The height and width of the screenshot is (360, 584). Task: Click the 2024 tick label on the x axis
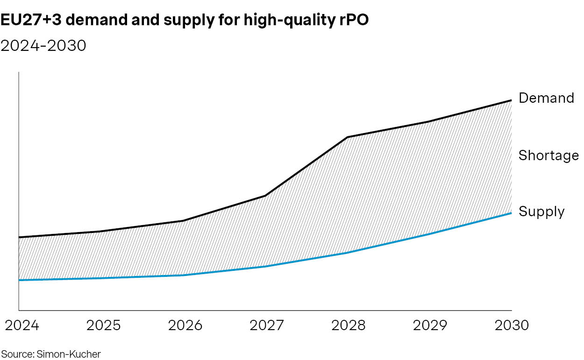click(22, 325)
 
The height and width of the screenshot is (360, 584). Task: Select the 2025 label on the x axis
click(103, 325)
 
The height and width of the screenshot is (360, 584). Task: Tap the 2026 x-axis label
click(185, 325)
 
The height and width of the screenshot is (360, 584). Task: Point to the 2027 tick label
click(267, 325)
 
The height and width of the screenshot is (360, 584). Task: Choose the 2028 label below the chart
click(349, 325)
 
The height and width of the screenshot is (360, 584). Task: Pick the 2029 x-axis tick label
click(430, 325)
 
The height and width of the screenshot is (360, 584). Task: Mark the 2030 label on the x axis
click(511, 325)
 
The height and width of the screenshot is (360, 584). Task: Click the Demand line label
click(546, 98)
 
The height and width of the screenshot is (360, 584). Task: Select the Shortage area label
click(548, 155)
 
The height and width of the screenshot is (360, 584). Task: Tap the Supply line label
click(541, 212)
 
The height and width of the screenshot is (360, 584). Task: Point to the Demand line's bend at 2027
click(265, 196)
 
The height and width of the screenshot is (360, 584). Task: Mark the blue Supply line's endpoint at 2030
click(512, 213)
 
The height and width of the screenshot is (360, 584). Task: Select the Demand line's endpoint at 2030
click(512, 100)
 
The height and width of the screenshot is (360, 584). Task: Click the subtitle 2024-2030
click(43, 46)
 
